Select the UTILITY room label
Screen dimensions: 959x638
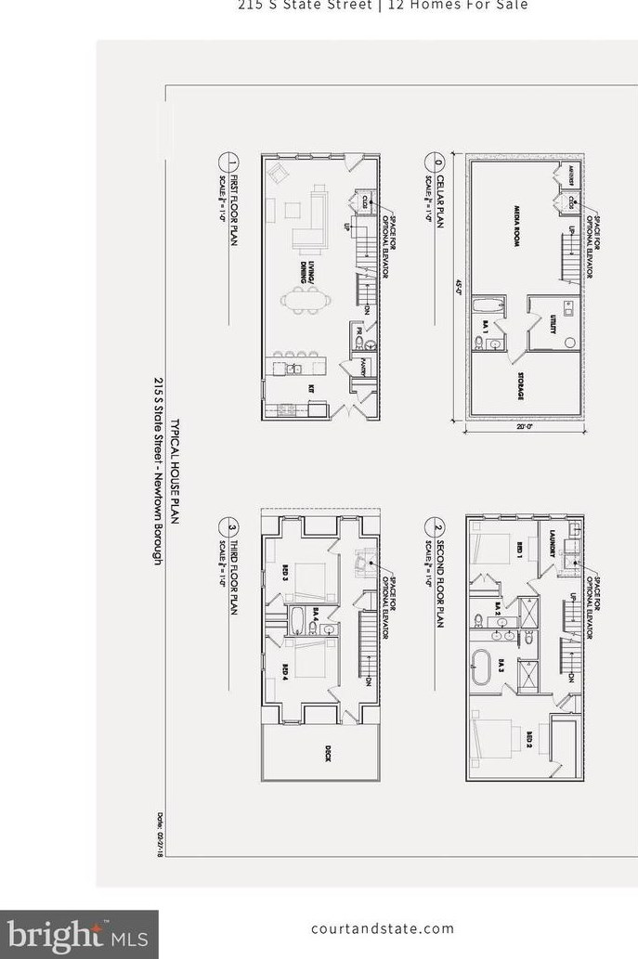click(553, 323)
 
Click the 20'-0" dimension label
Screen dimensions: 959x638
click(526, 427)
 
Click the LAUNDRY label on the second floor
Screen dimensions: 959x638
click(553, 542)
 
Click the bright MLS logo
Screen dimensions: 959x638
click(78, 933)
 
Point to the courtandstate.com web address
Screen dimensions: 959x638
click(383, 928)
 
